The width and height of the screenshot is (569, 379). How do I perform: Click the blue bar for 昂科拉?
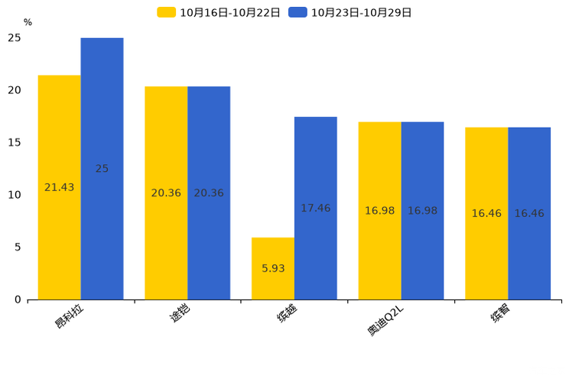[102, 169]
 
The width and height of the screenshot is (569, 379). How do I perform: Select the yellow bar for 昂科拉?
[60, 187]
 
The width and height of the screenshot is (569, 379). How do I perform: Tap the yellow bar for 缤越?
[273, 269]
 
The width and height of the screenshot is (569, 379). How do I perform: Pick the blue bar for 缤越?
[316, 208]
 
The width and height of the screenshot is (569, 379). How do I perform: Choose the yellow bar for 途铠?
[166, 193]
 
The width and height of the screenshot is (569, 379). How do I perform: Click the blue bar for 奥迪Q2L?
[422, 211]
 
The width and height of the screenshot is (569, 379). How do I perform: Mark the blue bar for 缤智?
[529, 214]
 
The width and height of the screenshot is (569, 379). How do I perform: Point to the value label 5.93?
[273, 268]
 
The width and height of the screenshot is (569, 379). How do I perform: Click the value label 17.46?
[316, 208]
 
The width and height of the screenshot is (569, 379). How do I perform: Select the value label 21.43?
[59, 187]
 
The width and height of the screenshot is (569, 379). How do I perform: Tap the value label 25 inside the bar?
[102, 169]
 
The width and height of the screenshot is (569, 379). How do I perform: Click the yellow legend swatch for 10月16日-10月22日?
[166, 12]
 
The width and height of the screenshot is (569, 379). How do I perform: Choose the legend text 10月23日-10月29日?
[362, 13]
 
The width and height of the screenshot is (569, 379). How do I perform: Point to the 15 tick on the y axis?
[15, 143]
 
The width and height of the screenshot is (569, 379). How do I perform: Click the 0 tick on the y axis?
[18, 300]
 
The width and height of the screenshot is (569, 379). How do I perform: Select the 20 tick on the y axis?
[15, 90]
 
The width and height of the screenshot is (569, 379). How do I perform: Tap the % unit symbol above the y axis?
[28, 22]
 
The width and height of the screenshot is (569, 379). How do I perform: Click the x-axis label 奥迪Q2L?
[385, 321]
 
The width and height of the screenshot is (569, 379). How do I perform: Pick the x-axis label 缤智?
[500, 313]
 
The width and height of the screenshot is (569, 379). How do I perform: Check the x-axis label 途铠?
[180, 313]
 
